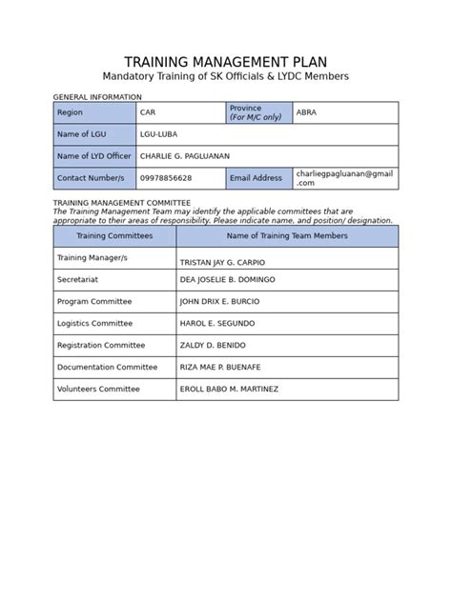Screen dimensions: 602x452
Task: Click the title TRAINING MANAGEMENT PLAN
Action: [x=226, y=62]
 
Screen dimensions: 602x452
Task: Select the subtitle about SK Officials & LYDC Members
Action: [x=226, y=77]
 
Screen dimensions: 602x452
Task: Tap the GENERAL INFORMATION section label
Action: [x=97, y=97]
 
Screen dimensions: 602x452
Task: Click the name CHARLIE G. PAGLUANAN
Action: [x=185, y=156]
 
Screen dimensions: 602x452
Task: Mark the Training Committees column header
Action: [x=114, y=235]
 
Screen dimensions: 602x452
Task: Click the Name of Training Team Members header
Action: [x=287, y=235]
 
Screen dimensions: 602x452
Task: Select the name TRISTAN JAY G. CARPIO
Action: [x=222, y=262]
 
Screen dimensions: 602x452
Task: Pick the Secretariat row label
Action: [x=78, y=279]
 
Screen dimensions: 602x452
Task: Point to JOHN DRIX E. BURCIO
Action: [x=219, y=301]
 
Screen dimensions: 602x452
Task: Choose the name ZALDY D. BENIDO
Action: [x=213, y=345]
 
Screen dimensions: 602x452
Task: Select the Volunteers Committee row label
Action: [x=98, y=389]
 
